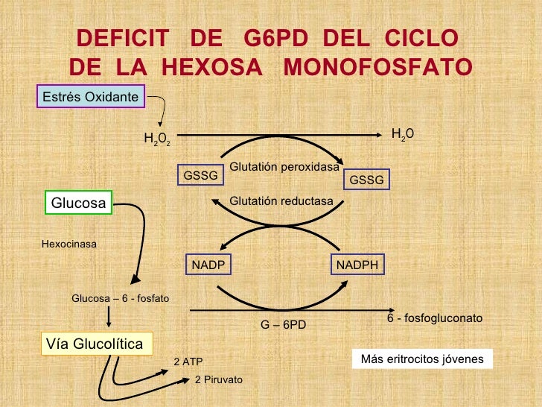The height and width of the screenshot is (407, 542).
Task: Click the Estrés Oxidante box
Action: (90, 97)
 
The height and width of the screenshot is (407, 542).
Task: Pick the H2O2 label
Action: (158, 139)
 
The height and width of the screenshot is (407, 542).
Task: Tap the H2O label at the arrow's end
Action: (402, 133)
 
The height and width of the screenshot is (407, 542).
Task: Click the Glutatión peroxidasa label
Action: (284, 167)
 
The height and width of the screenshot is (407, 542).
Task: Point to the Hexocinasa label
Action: (69, 243)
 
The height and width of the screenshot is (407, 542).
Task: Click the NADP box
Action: (208, 265)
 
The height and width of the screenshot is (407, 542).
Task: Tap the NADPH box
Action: (357, 265)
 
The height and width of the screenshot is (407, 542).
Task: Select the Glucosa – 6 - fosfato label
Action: (120, 298)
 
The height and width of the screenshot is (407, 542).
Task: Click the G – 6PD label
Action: (283, 325)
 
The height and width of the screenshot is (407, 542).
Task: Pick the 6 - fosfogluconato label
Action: (435, 318)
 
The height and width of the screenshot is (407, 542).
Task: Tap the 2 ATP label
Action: (188, 362)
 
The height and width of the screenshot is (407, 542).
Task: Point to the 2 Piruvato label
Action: (219, 379)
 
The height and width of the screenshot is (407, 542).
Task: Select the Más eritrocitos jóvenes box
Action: (422, 359)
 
